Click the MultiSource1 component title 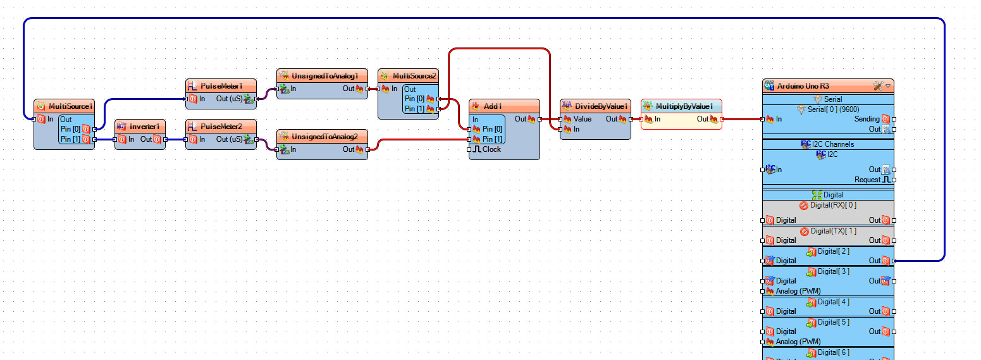click(70, 106)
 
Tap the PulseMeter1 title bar click(221, 86)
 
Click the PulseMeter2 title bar click(221, 127)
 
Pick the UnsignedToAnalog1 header click(325, 76)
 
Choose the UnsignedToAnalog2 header click(325, 137)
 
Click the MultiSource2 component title click(414, 76)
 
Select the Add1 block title click(493, 106)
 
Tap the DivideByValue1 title click(602, 106)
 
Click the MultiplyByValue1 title click(684, 106)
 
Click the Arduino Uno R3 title click(803, 86)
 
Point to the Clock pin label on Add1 click(491, 149)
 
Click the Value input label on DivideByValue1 click(583, 119)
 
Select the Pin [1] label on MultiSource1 click(70, 139)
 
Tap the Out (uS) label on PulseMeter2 click(229, 139)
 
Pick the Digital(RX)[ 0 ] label click(834, 205)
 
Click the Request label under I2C click(867, 180)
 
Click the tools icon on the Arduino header click(878, 86)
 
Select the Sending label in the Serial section click(867, 119)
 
